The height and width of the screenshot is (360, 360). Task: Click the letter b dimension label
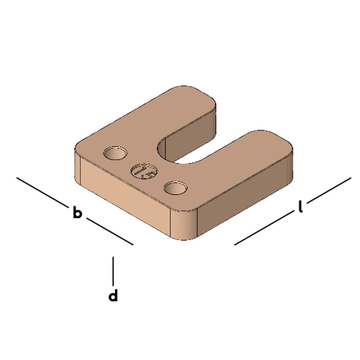point(77,212)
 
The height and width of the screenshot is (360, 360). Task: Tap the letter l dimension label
point(300,207)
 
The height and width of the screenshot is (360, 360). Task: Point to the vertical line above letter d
point(113,271)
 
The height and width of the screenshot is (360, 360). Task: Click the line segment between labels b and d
point(109,231)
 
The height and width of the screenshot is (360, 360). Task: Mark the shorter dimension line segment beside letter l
point(329,190)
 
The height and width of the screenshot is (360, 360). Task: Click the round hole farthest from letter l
point(115,153)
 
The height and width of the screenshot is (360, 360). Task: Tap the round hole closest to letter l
point(175,188)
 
